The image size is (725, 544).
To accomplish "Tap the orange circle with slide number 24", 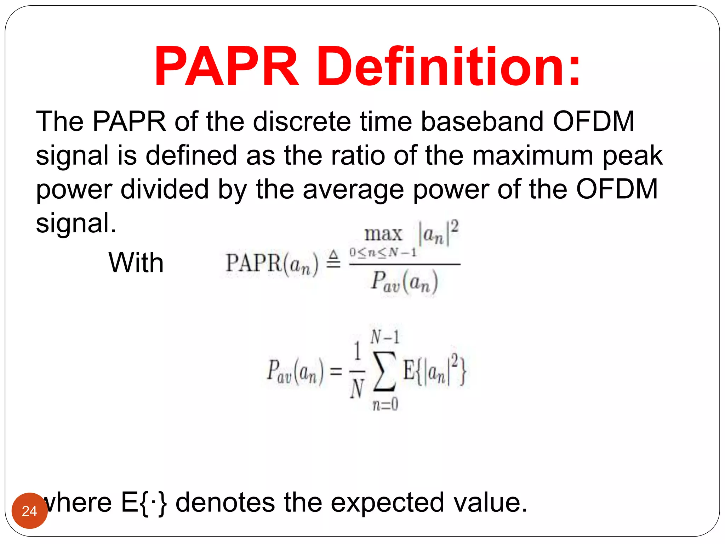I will (x=30, y=511).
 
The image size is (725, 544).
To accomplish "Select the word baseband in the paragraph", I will (x=482, y=122).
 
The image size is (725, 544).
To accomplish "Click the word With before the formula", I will (x=136, y=263).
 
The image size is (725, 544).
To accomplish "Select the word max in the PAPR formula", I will (x=383, y=234).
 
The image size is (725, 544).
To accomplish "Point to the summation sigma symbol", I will (x=385, y=371).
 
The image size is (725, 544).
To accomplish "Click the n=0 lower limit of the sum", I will (x=385, y=404).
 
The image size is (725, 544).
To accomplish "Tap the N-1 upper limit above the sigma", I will (x=385, y=337).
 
